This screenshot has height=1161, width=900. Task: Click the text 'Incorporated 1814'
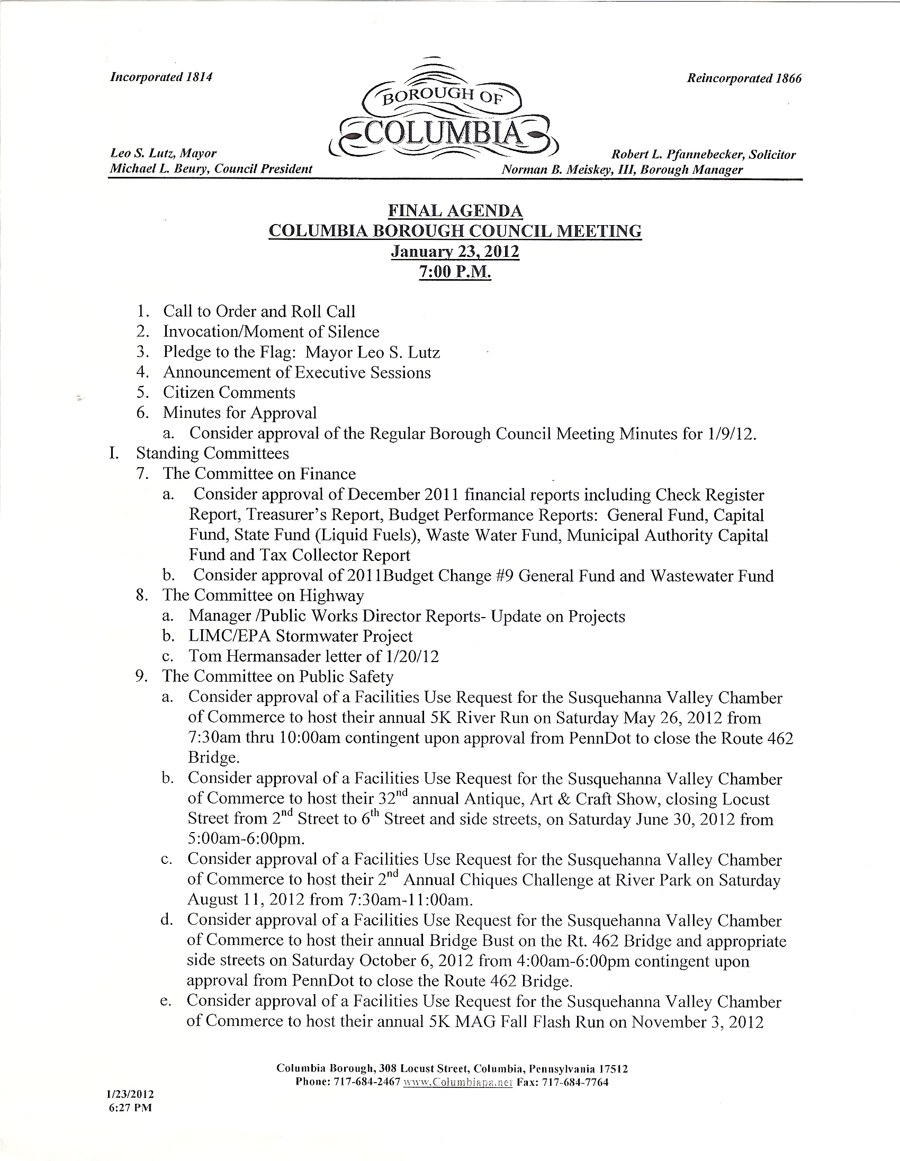pyautogui.click(x=161, y=77)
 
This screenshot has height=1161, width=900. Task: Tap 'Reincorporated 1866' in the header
pyautogui.click(x=744, y=79)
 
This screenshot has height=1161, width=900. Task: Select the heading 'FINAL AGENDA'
pyautogui.click(x=455, y=211)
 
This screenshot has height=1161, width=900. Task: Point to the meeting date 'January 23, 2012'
pyautogui.click(x=455, y=251)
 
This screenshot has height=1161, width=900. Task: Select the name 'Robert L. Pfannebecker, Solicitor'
pyautogui.click(x=704, y=155)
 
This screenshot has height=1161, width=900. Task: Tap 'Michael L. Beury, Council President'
pyautogui.click(x=210, y=169)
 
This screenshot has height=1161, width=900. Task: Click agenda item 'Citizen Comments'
pyautogui.click(x=229, y=392)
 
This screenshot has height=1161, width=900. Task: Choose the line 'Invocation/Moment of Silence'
pyautogui.click(x=271, y=332)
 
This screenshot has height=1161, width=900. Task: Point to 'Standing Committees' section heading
pyautogui.click(x=212, y=453)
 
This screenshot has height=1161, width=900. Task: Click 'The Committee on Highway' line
pyautogui.click(x=263, y=595)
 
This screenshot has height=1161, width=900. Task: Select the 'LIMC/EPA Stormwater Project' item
pyautogui.click(x=301, y=636)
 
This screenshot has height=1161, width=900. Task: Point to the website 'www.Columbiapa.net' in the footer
pyautogui.click(x=457, y=1082)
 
